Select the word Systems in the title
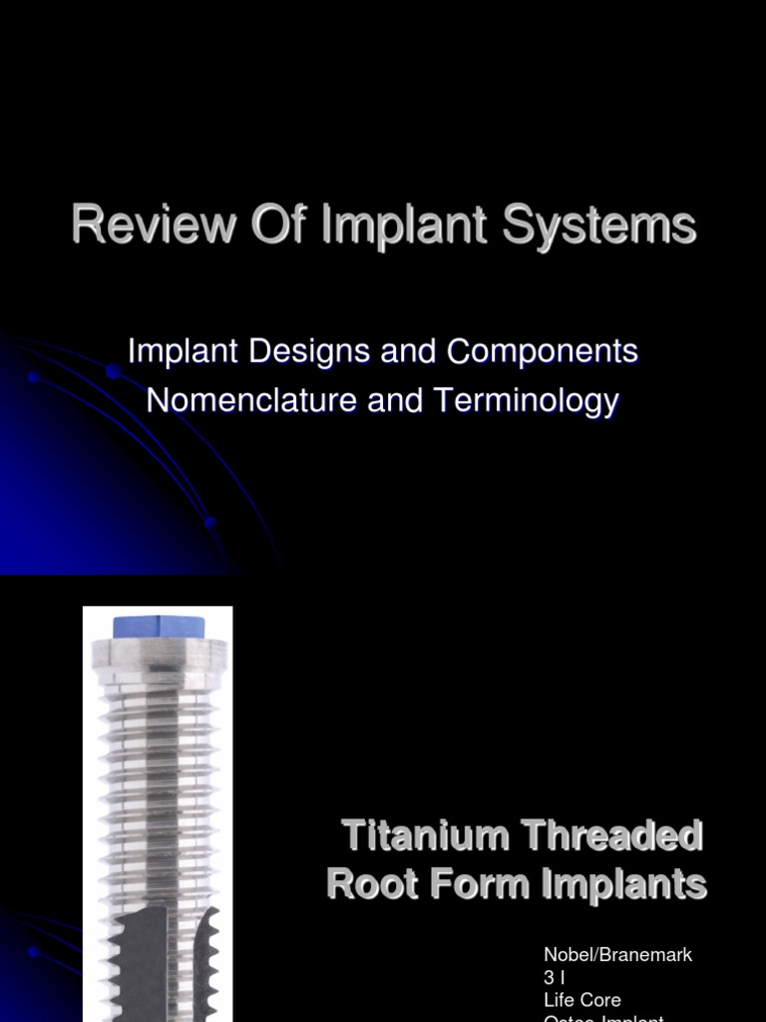599,226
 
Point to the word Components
542,351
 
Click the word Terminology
526,401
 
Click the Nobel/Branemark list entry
617,955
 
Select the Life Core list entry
582,999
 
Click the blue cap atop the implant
159,628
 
